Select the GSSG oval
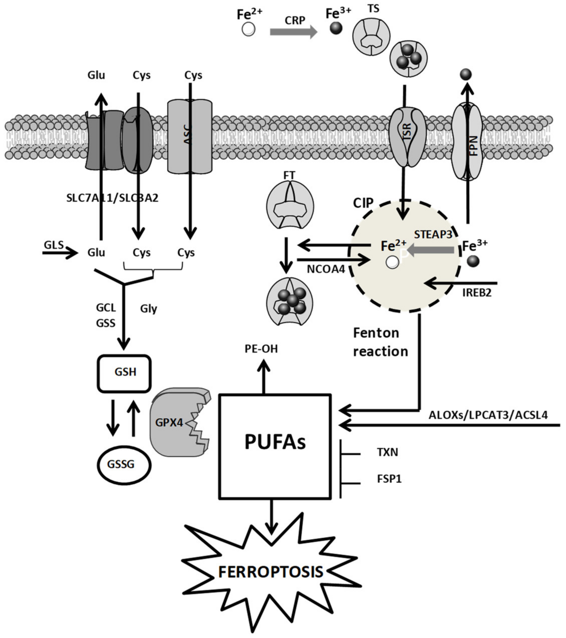tap(124, 464)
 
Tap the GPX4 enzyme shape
tap(178, 423)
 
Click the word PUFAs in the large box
tap(275, 442)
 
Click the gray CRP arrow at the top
tap(294, 32)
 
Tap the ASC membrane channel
tap(189, 136)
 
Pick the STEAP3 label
tap(433, 234)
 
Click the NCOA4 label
tap(326, 269)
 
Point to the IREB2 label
tap(477, 292)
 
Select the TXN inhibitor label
tap(387, 452)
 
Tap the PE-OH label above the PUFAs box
tap(261, 349)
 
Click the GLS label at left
tap(53, 245)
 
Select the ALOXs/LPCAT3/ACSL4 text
tap(488, 415)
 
